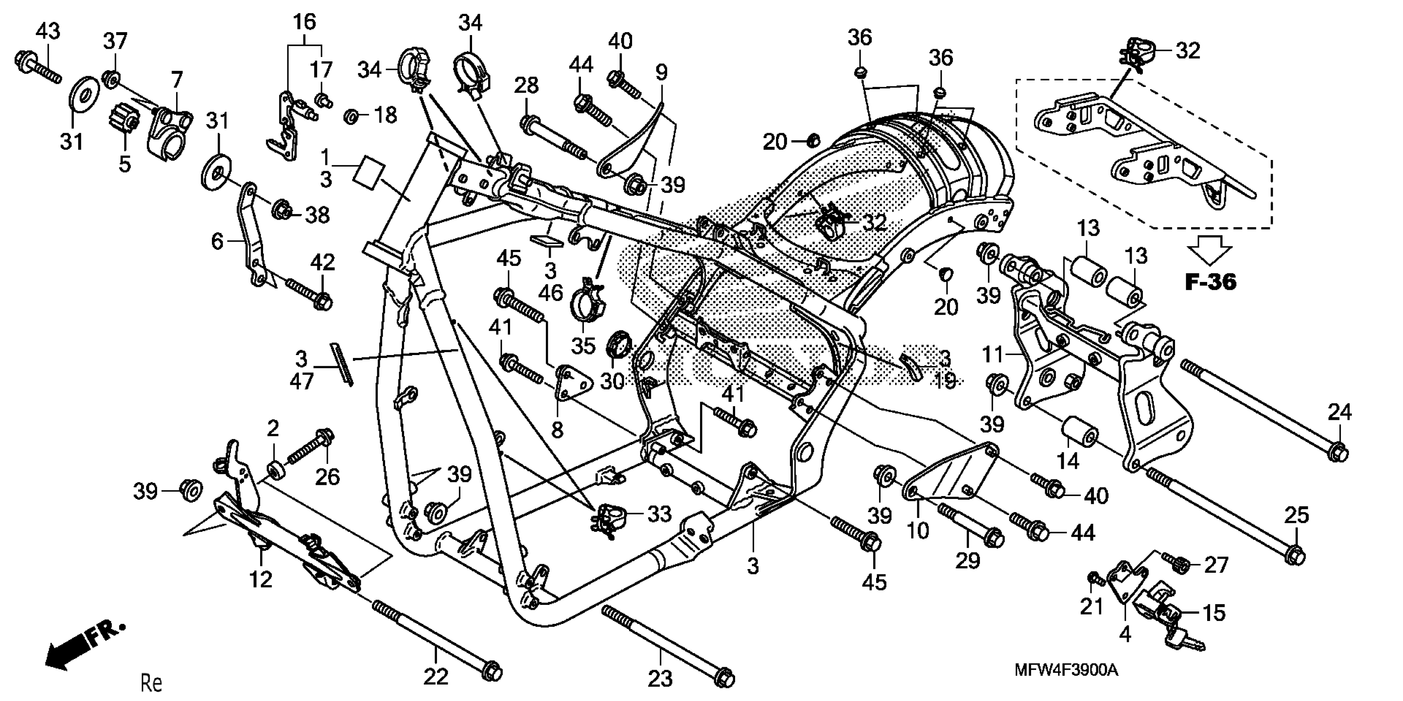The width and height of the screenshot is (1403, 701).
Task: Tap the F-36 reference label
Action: pos(1211,282)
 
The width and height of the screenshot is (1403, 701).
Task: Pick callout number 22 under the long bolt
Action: pos(436,677)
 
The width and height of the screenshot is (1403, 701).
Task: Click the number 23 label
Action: pos(660,679)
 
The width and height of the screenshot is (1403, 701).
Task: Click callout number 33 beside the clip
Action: pos(659,514)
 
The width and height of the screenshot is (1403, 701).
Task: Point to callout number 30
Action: pos(612,381)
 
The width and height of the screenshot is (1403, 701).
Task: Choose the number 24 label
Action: pos(1339,412)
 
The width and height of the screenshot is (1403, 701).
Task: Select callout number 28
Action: pos(526,85)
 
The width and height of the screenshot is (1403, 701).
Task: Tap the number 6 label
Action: pos(217,240)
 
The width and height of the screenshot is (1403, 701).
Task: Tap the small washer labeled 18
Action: pos(351,115)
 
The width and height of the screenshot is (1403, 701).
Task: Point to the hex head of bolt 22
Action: pos(492,672)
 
